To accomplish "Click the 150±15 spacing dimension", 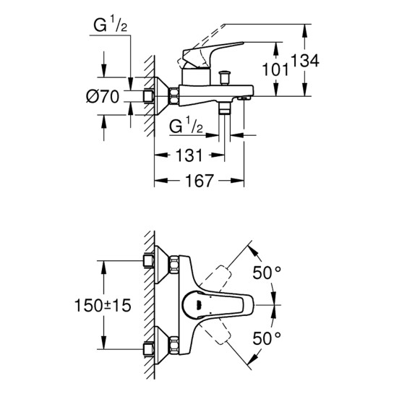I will pyautogui.click(x=104, y=307).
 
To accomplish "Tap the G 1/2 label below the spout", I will pyautogui.click(x=185, y=127).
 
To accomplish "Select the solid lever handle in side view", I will pyautogui.click(x=203, y=56).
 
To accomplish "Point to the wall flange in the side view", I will pyautogui.click(x=174, y=94).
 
